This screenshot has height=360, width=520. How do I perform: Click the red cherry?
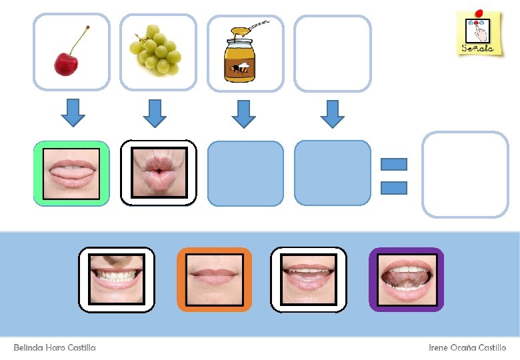[x=66, y=63]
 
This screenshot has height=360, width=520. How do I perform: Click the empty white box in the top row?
[x=332, y=53]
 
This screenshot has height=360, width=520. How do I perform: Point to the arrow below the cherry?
[x=73, y=113]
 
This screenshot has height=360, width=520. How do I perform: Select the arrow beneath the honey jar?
[x=244, y=113]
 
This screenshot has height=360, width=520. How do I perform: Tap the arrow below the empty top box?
[x=332, y=113]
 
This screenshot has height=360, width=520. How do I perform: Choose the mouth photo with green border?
[x=71, y=173]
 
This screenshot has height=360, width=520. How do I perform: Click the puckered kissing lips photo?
[x=159, y=173]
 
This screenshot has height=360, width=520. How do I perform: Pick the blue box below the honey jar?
[x=245, y=173]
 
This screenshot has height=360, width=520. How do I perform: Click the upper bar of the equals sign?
[x=393, y=164]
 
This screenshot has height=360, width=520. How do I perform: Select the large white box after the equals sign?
[x=465, y=174]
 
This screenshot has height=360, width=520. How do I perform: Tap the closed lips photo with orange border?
[x=214, y=279]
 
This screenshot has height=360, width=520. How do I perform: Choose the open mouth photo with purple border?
[x=406, y=279]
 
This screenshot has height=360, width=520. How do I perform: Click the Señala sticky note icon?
[x=479, y=33]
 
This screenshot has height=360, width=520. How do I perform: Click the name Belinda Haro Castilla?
[x=55, y=348]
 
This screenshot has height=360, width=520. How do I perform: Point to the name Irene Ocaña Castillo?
[x=467, y=348]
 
